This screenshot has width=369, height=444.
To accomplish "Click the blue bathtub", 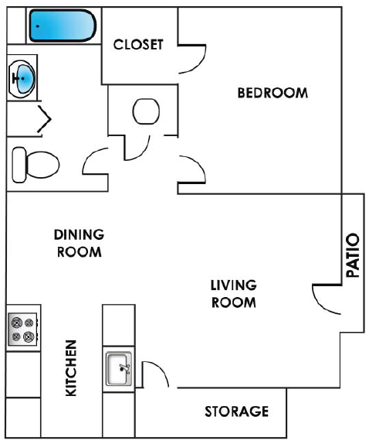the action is coord(63,26).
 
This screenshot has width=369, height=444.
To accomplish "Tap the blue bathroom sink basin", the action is coord(25,78).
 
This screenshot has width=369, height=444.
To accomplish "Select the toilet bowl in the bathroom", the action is coord(42,165).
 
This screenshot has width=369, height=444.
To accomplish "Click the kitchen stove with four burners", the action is coord(23,329).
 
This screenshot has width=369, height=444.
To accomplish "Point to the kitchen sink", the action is coord(119,369).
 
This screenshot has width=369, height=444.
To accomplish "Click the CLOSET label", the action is coord(138,45).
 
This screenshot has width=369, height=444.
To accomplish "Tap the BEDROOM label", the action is coord(273,93).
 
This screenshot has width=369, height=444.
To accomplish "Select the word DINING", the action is coord(79,234).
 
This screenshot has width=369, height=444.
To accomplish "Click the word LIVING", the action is coord(234,285).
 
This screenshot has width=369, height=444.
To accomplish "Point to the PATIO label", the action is coord(353,255).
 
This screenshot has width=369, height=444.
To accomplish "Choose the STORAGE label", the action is coord(237,412).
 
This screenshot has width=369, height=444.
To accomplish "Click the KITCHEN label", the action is coord(71,368).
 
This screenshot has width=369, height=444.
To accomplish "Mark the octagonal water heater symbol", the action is coord(146,111).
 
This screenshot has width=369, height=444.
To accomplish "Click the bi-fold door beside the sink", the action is coord(44,119).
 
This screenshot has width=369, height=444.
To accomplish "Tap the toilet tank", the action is coord(19,165).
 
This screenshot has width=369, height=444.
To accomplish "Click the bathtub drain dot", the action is coord(38,26).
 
